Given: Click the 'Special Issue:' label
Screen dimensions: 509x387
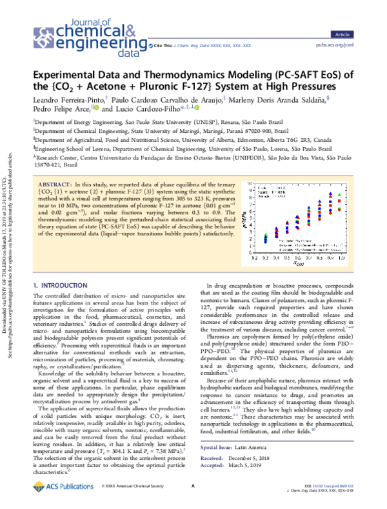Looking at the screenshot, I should [x=219, y=446].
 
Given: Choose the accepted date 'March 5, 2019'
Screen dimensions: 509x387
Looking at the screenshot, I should [x=257, y=464].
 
